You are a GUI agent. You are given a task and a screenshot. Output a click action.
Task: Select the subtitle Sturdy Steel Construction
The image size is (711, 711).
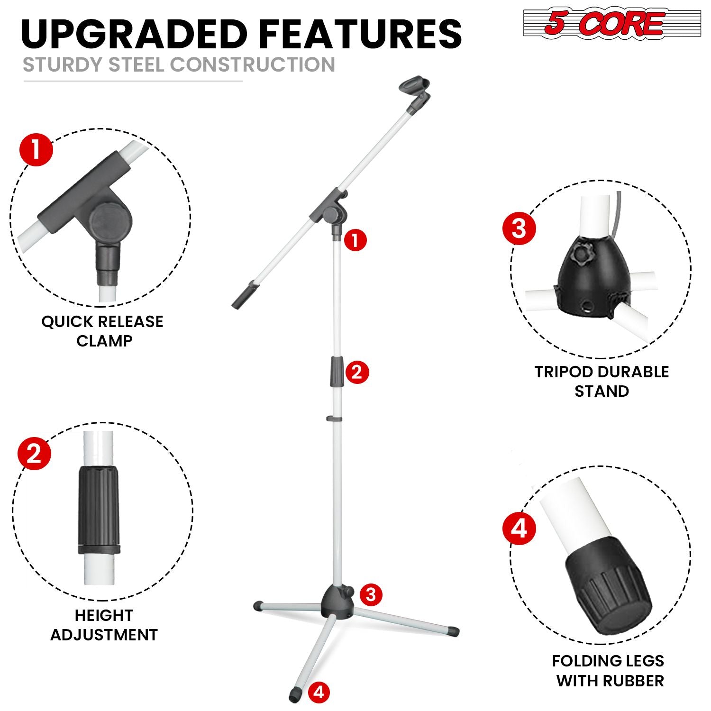(179, 64)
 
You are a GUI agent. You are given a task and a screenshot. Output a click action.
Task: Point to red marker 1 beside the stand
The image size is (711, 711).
(355, 240)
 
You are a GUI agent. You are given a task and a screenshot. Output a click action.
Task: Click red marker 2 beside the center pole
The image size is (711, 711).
(356, 372)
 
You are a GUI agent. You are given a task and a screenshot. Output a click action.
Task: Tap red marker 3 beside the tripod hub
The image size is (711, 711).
(371, 594)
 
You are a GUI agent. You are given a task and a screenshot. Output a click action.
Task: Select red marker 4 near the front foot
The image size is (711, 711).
(319, 693)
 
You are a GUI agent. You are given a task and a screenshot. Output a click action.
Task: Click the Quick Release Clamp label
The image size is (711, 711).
(102, 331)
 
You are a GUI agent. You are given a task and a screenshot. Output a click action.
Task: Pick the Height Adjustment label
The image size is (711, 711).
(104, 625)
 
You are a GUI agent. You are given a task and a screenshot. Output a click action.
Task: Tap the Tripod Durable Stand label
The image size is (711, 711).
(602, 381)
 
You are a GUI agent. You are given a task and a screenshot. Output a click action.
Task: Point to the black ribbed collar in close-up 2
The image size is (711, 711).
(98, 510)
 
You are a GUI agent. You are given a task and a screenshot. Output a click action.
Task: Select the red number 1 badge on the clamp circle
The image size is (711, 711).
(36, 149)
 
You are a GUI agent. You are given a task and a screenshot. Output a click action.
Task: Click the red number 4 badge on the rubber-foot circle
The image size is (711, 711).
(519, 528)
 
